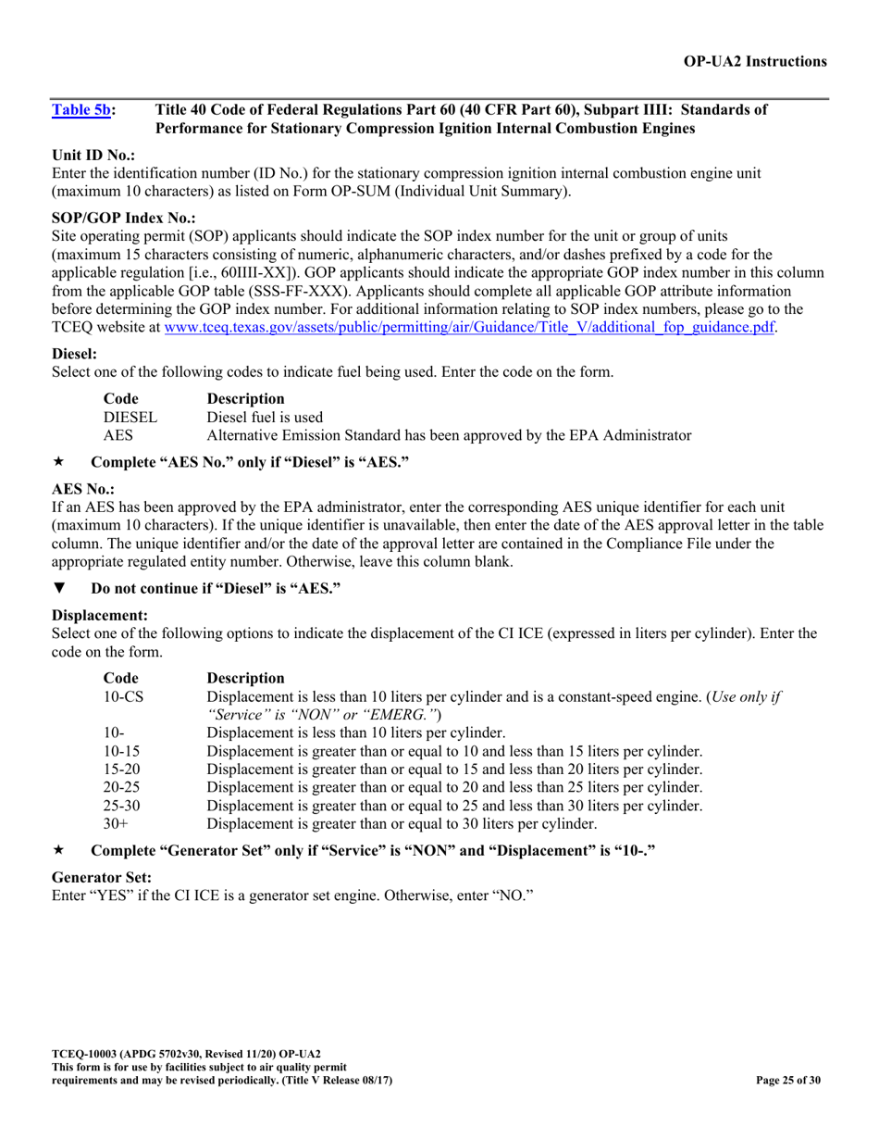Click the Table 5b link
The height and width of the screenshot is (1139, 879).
pyautogui.click(x=80, y=110)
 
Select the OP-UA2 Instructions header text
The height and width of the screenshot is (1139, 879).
pyautogui.click(x=755, y=62)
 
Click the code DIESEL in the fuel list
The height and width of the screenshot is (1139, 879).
pyautogui.click(x=130, y=417)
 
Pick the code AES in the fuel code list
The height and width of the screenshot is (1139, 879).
pyautogui.click(x=118, y=434)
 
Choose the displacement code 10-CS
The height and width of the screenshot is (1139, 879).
pyautogui.click(x=123, y=696)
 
